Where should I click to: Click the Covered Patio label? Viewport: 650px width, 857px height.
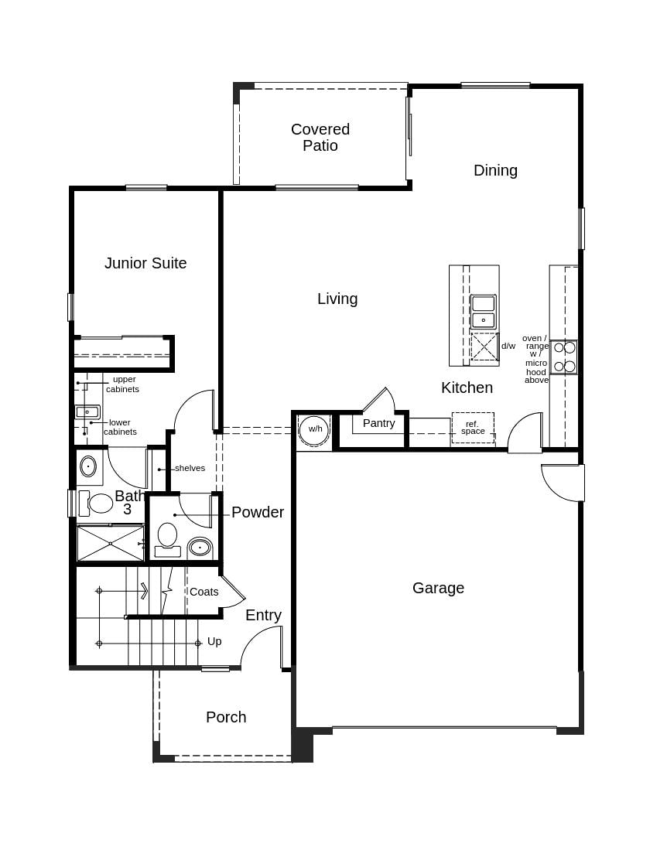[x=320, y=138]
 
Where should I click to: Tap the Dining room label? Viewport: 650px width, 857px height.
[x=495, y=170]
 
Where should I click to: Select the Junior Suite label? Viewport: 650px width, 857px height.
[x=145, y=263]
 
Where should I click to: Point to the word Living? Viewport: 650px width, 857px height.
[x=337, y=299]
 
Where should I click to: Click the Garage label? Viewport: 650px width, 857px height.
[x=438, y=588]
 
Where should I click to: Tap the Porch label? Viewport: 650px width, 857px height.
[x=226, y=717]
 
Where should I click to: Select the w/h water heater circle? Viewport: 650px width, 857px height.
[x=314, y=430]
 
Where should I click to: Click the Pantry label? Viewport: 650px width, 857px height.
[x=378, y=423]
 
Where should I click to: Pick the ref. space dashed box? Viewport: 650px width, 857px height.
[x=473, y=428]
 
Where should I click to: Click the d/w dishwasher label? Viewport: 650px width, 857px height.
[x=508, y=346]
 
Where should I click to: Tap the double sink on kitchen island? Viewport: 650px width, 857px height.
[x=483, y=311]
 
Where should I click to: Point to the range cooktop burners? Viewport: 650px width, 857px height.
[x=564, y=357]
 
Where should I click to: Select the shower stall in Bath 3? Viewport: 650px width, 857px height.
[x=111, y=543]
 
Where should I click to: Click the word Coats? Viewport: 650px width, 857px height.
[x=204, y=592]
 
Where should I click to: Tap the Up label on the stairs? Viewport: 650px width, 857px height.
[x=214, y=641]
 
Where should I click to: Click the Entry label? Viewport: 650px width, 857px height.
[x=263, y=615]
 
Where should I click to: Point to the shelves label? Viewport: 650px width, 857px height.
[x=190, y=468]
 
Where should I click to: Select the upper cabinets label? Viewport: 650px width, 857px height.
[x=123, y=384]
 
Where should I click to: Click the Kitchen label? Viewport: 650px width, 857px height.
[x=467, y=388]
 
